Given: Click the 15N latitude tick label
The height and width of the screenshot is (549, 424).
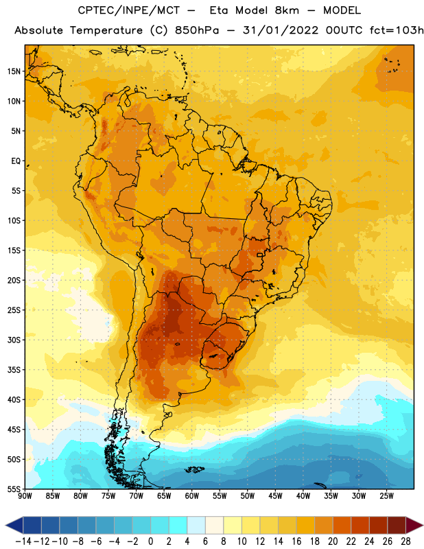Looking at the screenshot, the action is [14, 71].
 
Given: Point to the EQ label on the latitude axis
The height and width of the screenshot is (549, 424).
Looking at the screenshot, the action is [16, 161].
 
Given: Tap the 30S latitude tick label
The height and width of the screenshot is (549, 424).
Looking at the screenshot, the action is [14, 340].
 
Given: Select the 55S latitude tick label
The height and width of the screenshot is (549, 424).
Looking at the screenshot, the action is [14, 489].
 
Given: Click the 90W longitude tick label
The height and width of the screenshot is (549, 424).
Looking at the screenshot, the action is [25, 496].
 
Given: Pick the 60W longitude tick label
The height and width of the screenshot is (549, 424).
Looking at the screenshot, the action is [192, 496].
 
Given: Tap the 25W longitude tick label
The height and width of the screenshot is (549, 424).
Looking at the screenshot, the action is [387, 496].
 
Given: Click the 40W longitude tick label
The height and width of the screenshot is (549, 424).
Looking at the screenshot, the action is [303, 496].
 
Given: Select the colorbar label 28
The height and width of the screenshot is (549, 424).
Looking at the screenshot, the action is [405, 541].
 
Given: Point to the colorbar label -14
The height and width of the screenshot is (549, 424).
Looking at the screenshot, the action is [23, 541].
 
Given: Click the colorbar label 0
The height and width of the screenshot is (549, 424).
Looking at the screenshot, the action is [150, 541].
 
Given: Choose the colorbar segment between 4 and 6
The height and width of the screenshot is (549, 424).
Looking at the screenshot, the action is [196, 526].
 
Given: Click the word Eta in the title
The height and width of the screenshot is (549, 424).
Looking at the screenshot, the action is [218, 11].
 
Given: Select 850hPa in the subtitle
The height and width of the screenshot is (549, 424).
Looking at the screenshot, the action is [197, 30].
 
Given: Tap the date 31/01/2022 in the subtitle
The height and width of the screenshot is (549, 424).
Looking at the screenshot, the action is [281, 30].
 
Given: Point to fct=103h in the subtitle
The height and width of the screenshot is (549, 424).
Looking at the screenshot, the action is [397, 30].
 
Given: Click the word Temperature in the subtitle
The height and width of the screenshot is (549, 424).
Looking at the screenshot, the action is [106, 30].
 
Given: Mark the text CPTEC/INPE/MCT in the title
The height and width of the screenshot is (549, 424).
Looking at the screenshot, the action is [128, 11].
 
